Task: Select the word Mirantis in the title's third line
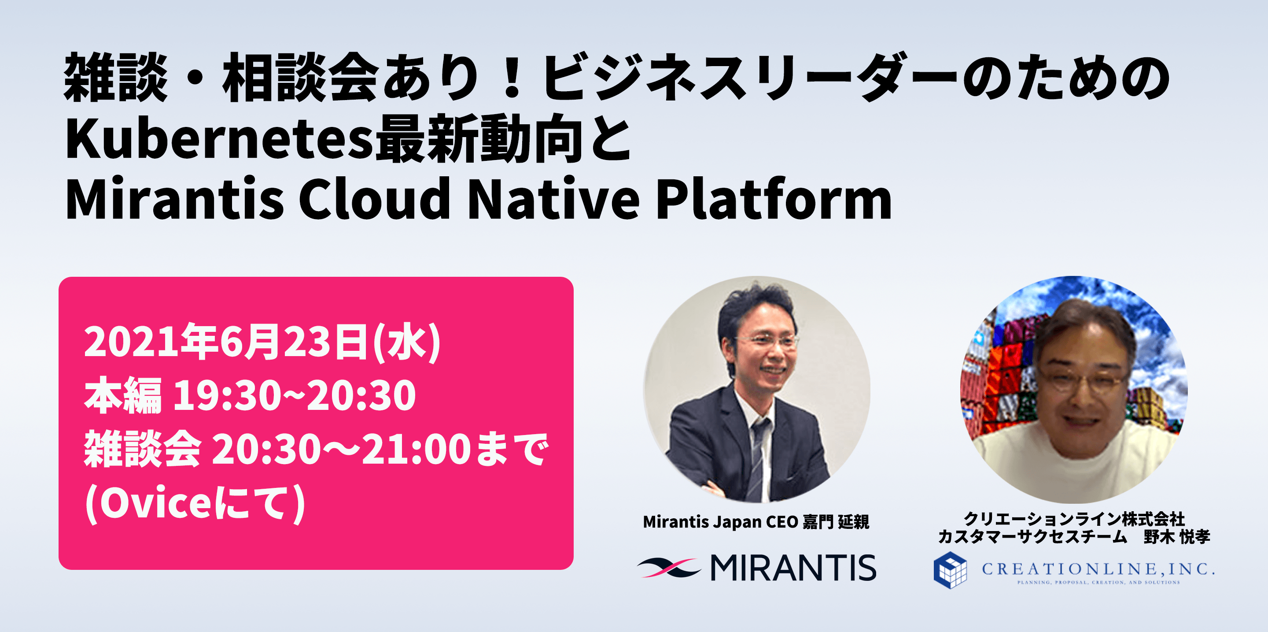pyautogui.click(x=175, y=198)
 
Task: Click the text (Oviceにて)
pyautogui.click(x=195, y=503)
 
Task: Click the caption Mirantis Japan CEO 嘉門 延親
pyautogui.click(x=756, y=522)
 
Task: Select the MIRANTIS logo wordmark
pyautogui.click(x=793, y=568)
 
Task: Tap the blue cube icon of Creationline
pyautogui.click(x=950, y=570)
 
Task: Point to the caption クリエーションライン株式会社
pyautogui.click(x=1075, y=519)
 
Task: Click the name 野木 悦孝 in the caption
pyautogui.click(x=1177, y=536)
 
